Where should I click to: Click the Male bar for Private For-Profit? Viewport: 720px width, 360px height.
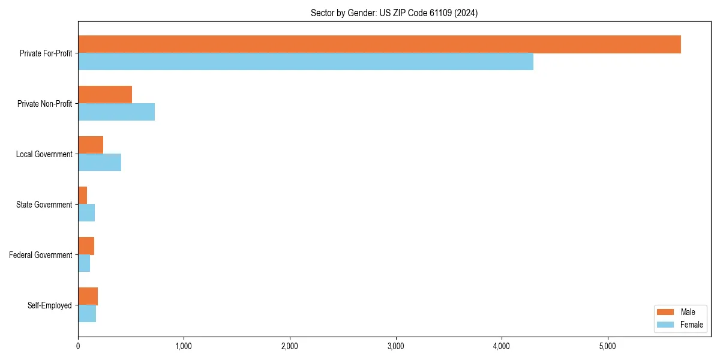[x=379, y=44]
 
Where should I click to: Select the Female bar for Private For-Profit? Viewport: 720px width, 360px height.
[x=305, y=61]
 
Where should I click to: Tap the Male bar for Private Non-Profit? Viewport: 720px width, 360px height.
[x=105, y=95]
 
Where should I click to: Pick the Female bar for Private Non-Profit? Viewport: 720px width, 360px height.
[x=116, y=112]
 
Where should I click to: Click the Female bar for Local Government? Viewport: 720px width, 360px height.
[x=100, y=162]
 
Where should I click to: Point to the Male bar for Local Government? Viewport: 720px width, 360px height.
[x=91, y=145]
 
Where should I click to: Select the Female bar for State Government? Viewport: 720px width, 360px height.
[x=86, y=212]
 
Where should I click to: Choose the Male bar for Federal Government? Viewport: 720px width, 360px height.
[x=86, y=246]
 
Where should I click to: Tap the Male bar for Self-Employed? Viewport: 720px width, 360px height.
[x=88, y=296]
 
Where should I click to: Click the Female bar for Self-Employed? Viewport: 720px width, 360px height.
[x=87, y=313]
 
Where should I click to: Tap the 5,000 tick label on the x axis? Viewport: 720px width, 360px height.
[x=608, y=346]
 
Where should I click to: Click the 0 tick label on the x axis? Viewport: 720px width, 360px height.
[x=78, y=346]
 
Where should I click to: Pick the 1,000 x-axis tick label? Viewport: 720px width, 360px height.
[x=184, y=346]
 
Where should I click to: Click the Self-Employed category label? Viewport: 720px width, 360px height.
[x=50, y=305]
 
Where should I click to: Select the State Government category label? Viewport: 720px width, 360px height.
[x=44, y=205]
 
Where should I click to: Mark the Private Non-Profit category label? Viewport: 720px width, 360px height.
[x=44, y=104]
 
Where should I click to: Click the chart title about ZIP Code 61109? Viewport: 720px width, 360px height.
[x=394, y=13]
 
